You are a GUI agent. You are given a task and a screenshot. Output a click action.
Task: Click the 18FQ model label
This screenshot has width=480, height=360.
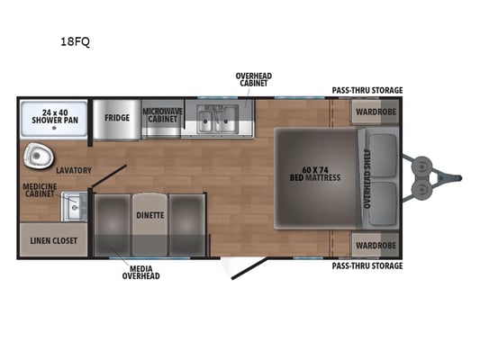click(x=75, y=41)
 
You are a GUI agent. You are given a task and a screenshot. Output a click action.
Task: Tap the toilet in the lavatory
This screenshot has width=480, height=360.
click(x=38, y=156)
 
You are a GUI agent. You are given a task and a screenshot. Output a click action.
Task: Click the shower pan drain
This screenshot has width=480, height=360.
click(x=54, y=128)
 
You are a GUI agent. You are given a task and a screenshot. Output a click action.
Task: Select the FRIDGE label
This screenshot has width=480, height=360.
click(x=117, y=118)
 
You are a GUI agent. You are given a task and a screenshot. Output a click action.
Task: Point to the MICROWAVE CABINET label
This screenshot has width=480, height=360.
click(x=162, y=115)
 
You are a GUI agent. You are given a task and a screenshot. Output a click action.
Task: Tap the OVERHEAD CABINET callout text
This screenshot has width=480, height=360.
click(x=253, y=79)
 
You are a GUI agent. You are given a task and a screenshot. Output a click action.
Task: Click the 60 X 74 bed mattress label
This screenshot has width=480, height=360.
click(x=315, y=174)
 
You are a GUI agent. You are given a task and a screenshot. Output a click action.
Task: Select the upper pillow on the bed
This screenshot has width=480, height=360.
click(x=384, y=156)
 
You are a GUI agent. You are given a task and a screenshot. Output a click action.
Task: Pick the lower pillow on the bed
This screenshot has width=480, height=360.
click(x=384, y=203)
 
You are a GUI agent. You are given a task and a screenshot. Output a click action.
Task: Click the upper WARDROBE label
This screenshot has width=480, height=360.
click(x=376, y=112)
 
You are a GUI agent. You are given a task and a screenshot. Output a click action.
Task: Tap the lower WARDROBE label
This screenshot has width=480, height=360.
click(x=376, y=246)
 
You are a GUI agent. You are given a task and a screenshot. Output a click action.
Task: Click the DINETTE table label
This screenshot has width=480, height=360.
click(x=150, y=215)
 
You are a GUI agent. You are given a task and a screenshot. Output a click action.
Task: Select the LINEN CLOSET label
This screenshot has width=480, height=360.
click(x=53, y=240)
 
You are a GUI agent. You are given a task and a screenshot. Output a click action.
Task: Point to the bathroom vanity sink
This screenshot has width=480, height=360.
click(x=74, y=207)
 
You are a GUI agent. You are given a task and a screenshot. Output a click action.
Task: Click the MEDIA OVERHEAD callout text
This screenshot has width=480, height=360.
click(x=140, y=272)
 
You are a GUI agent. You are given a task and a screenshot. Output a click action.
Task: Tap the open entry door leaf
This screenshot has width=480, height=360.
click(x=249, y=268)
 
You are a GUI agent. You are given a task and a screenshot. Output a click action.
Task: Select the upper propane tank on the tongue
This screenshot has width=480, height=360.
click(x=421, y=166)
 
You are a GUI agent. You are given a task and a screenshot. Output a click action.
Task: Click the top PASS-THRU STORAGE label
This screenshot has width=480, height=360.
click(x=367, y=90)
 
